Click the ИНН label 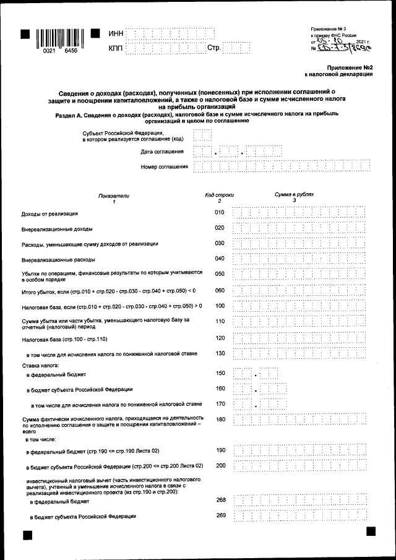click(x=116, y=33)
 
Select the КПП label click(x=116, y=48)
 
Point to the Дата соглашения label click(x=161, y=152)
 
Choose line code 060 click(x=219, y=290)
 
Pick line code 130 click(x=219, y=353)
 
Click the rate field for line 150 click(x=255, y=374)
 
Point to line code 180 click(x=219, y=419)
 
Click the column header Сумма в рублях click(x=294, y=194)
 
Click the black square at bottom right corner click(x=371, y=532)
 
